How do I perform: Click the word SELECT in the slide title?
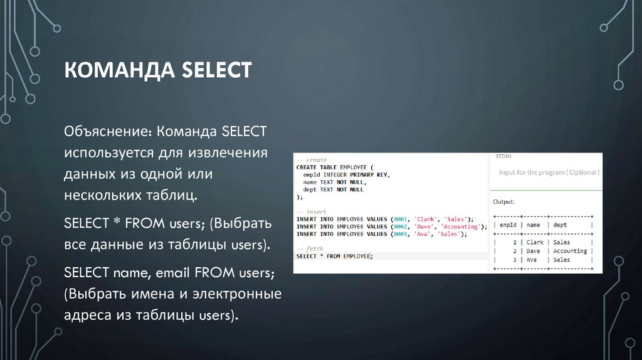pos(216,70)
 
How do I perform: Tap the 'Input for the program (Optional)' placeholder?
pos(549,172)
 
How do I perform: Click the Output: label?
pos(503,202)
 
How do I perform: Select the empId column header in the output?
pos(509,225)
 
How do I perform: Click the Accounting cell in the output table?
pos(569,251)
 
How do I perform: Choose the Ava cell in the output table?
pos(532,260)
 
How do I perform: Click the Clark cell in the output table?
pos(535,242)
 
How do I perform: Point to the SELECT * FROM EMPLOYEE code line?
pos(333,257)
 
